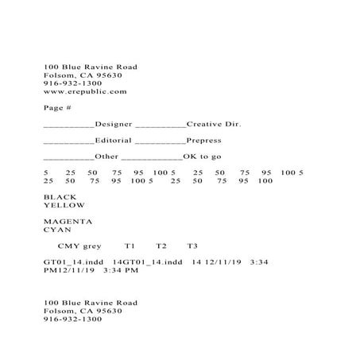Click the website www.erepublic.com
[85, 91]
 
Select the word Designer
[114, 124]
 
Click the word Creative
[204, 124]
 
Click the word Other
[106, 157]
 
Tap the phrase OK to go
[203, 157]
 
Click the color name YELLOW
[64, 205]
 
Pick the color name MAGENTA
[68, 221]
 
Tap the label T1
[130, 246]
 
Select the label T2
[161, 246]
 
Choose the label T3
[192, 246]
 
